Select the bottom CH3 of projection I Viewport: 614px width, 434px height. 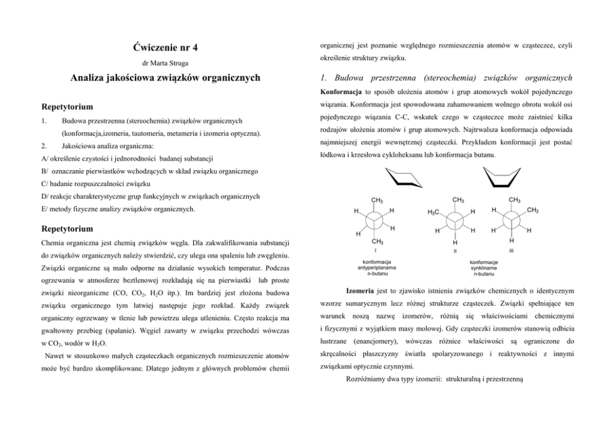(376, 241)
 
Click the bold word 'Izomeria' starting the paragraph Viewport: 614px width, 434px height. (363, 290)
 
